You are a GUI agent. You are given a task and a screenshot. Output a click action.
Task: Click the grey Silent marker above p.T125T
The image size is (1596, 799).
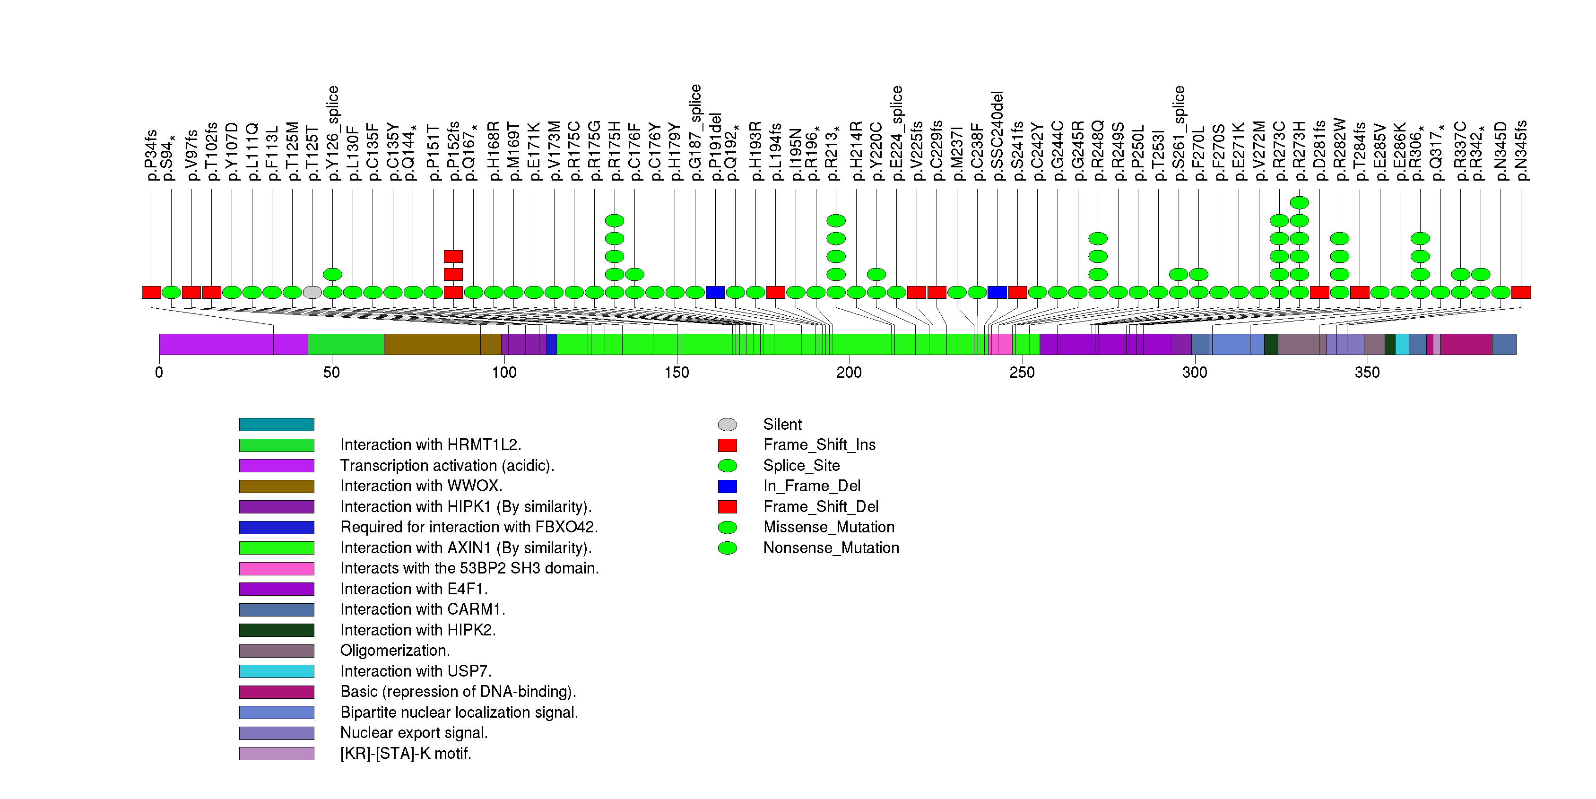tap(312, 292)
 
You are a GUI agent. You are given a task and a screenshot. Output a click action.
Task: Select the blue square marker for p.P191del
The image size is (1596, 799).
tap(715, 292)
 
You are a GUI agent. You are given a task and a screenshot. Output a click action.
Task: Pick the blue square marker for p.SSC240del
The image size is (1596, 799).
tap(997, 292)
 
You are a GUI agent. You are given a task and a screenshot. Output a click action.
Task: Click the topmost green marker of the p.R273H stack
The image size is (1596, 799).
tap(1299, 202)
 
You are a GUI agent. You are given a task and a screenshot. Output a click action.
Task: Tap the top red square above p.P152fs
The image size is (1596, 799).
tap(453, 256)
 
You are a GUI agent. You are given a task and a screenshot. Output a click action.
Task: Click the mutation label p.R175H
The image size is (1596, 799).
tap(614, 151)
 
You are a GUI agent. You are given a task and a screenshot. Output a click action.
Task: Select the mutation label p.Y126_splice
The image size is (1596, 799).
tap(333, 133)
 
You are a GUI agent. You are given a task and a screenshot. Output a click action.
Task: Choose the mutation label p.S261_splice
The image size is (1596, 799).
tap(1179, 133)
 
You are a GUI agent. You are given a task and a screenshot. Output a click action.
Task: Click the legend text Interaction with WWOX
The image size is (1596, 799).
tap(421, 486)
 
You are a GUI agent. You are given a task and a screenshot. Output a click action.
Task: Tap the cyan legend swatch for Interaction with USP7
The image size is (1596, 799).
tap(277, 671)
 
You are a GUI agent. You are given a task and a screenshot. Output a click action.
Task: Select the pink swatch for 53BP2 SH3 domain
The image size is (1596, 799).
tap(277, 569)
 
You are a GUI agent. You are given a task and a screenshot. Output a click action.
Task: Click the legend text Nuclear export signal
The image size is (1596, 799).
tap(414, 733)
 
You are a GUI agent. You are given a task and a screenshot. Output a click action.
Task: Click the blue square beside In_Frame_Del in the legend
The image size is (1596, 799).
tap(728, 486)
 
